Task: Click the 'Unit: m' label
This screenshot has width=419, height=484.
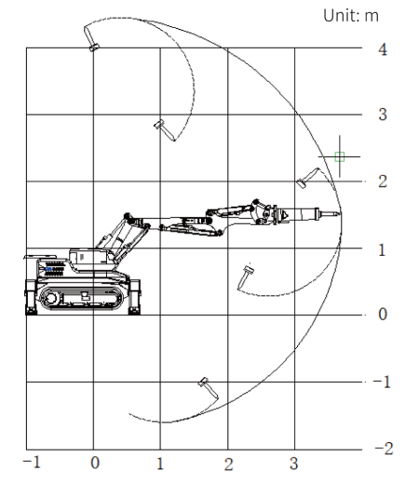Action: [x=351, y=16]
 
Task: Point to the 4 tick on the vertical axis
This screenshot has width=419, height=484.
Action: [x=383, y=49]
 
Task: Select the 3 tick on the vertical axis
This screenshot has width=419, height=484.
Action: [x=383, y=114]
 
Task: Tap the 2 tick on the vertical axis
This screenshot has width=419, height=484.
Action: [x=383, y=181]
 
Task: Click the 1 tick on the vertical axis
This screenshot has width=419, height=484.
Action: [x=382, y=249]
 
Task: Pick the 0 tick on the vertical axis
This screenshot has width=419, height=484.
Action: [x=383, y=314]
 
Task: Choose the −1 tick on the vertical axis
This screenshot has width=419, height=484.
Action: [x=382, y=382]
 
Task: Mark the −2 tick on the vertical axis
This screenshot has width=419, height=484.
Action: [x=384, y=449]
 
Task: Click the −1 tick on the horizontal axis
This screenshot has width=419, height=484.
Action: [x=32, y=463]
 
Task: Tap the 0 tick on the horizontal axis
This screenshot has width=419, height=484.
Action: [x=95, y=463]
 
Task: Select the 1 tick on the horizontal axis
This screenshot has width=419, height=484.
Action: [x=160, y=464]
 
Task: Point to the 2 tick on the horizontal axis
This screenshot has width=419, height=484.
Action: [x=229, y=464]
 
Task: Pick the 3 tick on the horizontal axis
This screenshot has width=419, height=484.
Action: [x=294, y=464]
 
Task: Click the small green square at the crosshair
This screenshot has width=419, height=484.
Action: [x=340, y=156]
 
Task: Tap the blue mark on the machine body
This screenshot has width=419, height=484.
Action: [x=48, y=269]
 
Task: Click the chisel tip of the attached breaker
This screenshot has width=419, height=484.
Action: [x=340, y=213]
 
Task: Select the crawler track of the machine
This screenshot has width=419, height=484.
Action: [x=81, y=298]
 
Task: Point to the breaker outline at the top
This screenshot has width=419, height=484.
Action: [x=90, y=38]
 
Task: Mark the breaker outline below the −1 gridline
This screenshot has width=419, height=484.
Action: [x=208, y=388]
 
